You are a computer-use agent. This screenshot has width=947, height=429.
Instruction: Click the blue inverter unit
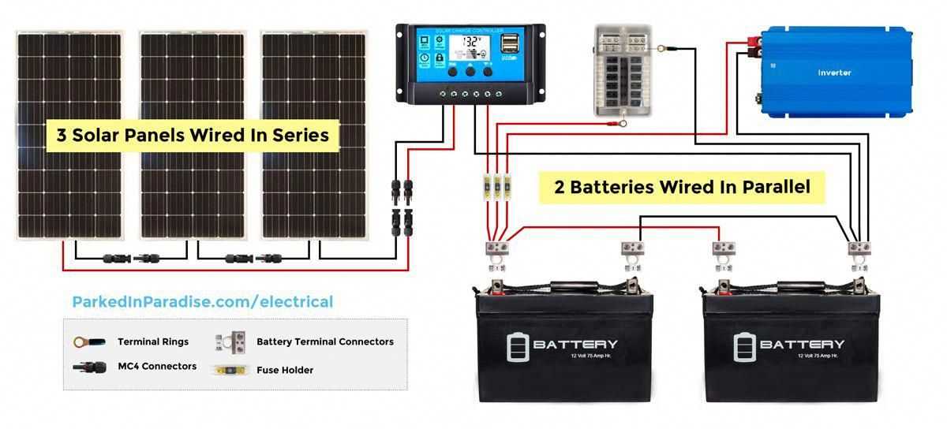tap(835, 73)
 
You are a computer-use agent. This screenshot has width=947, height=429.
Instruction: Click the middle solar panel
tap(193, 134)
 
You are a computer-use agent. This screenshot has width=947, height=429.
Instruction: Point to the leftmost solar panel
tap(69, 134)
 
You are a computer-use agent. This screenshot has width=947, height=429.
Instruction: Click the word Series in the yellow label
tap(301, 135)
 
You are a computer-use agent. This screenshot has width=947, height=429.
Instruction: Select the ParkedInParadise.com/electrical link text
tap(202, 302)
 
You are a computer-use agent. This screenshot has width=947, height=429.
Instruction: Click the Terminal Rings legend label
tap(153, 341)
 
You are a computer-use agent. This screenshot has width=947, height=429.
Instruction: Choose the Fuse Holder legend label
tap(285, 370)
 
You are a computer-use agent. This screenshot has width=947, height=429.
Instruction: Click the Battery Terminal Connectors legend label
tap(325, 341)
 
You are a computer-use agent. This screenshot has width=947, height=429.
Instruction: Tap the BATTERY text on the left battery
tap(575, 345)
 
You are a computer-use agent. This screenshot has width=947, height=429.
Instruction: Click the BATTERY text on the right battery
tap(802, 345)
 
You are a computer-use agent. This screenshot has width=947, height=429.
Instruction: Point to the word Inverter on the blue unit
tap(834, 73)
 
